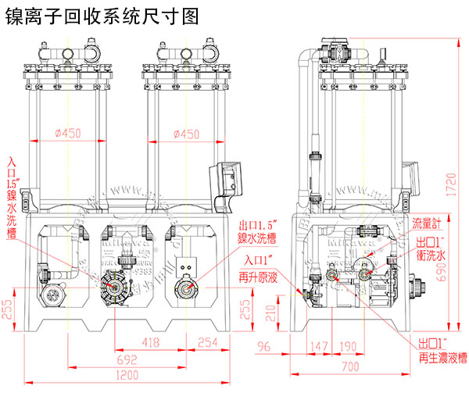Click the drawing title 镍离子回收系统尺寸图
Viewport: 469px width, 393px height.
pyautogui.click(x=102, y=14)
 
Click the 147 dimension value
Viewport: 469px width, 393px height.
pyautogui.click(x=317, y=346)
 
